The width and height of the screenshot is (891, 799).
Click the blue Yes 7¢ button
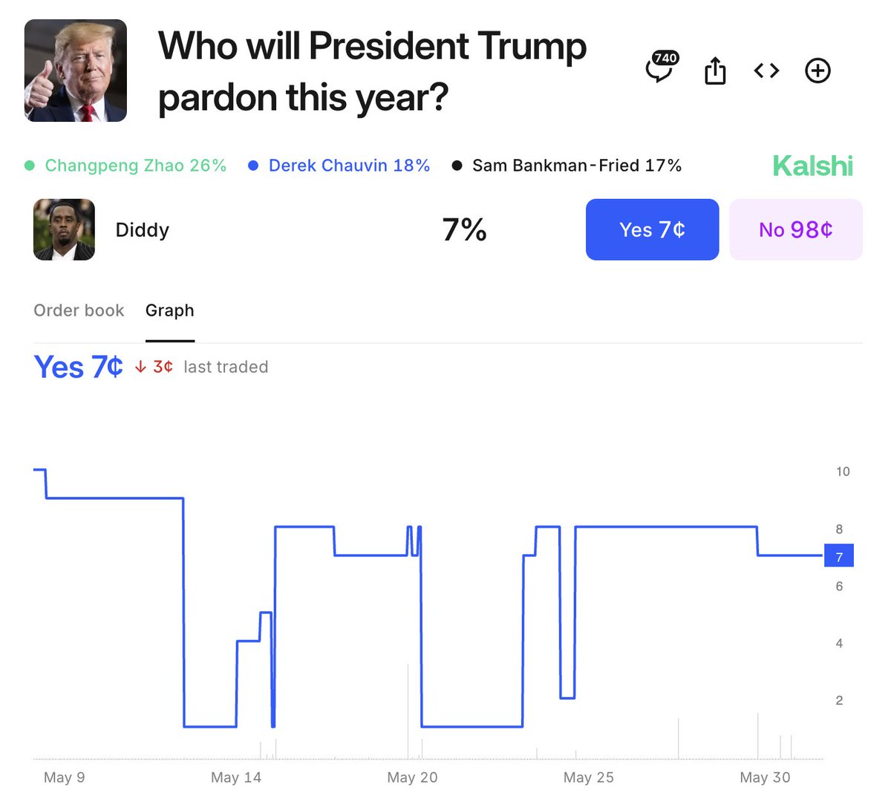coord(652,229)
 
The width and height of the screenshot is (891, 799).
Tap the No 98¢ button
coord(795,229)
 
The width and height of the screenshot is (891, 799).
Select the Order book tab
coord(79,310)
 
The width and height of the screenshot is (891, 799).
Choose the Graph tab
coord(169,310)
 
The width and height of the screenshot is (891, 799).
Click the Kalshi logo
coord(812,166)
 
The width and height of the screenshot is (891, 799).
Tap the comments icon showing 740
coord(660,69)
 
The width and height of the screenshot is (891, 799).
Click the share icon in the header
coord(714,71)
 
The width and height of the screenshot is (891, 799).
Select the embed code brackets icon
coord(766,71)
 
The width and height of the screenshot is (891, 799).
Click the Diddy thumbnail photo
coord(64,229)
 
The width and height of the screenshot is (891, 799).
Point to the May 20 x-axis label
coord(412,777)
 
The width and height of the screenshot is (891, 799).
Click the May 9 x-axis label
coord(64,777)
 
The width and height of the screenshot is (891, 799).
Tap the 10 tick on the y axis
coord(843,472)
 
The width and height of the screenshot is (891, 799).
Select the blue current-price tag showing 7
coord(839,555)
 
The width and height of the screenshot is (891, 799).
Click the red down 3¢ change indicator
coord(154,367)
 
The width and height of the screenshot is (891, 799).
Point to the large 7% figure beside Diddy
coord(464,229)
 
